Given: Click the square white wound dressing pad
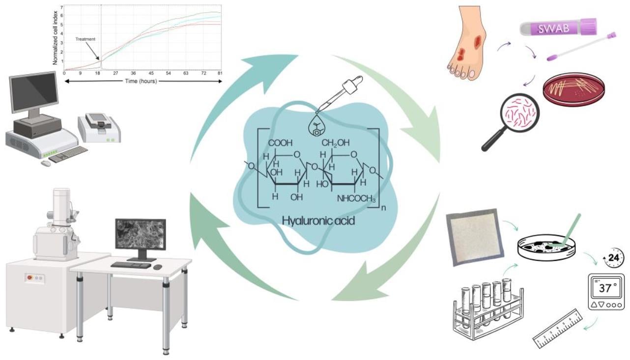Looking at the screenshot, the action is pos(474,236).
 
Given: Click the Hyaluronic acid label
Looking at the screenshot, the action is pos(318,221).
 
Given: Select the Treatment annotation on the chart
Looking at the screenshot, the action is pos(86,39).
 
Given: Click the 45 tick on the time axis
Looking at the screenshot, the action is pos(151,73).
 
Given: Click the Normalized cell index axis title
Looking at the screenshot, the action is pos(56,37).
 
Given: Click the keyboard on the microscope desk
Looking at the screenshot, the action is pos(131,265).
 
